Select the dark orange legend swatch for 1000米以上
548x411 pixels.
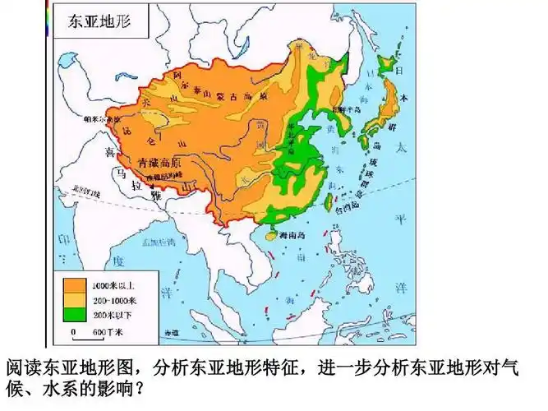(x=74, y=285)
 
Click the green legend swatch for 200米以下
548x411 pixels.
(x=74, y=313)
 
